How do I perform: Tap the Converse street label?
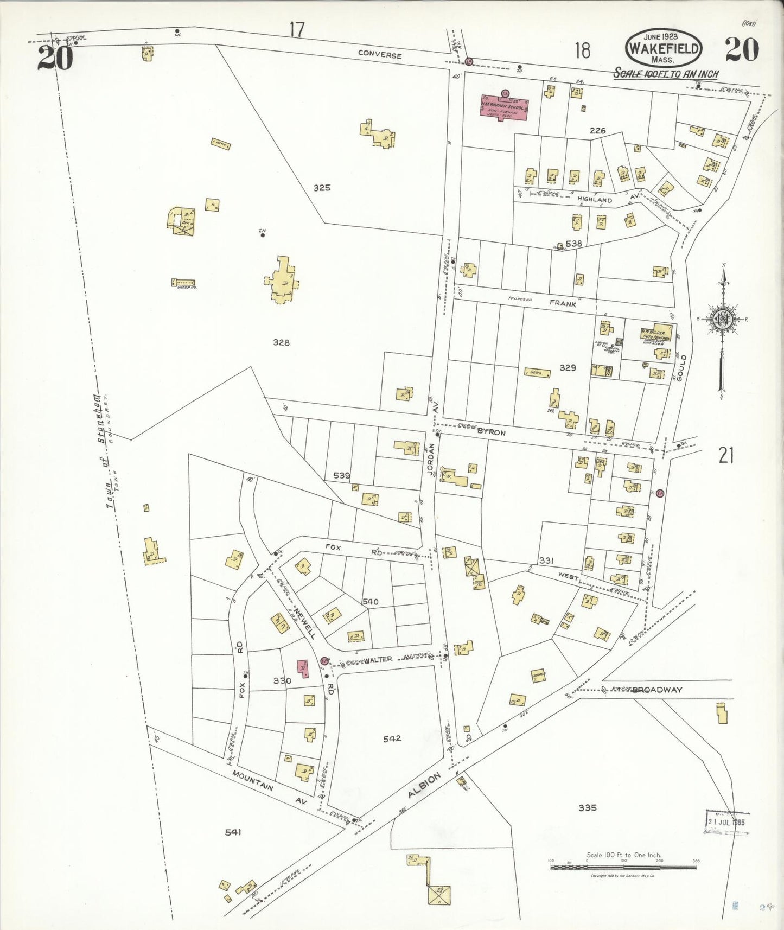pos(380,55)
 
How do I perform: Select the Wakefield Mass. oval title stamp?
pos(662,48)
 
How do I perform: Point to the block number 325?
pos(322,188)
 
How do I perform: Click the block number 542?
pos(392,738)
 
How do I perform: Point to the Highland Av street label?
pos(595,200)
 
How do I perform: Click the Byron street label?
pos(491,432)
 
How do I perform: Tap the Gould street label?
pos(682,368)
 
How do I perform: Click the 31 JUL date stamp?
pos(726,821)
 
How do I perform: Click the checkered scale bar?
pos(623,868)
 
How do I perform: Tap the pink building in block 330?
pos(302,668)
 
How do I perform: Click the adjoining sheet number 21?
pos(726,456)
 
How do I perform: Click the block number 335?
pos(587,807)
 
